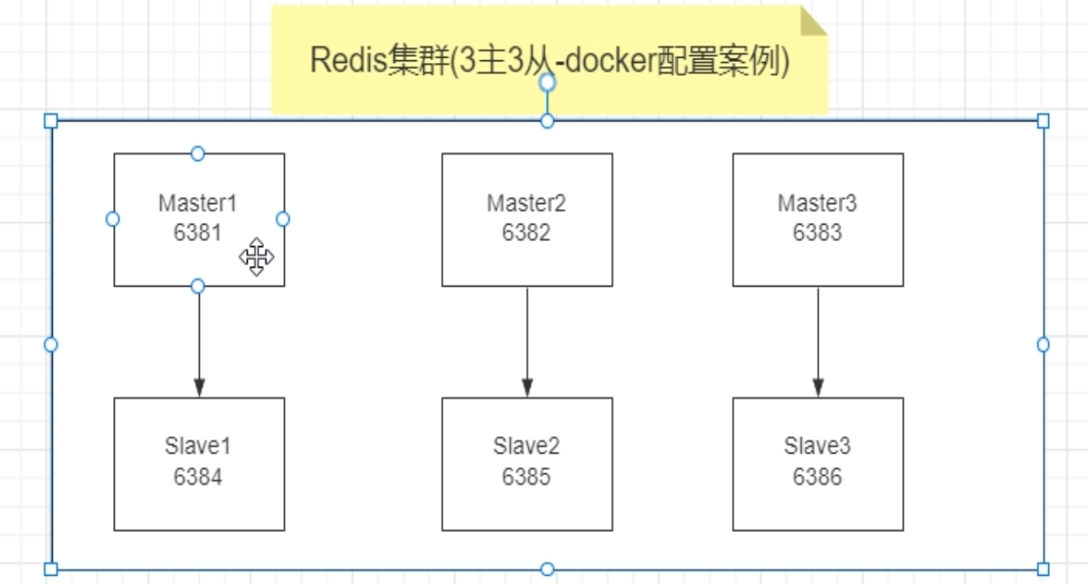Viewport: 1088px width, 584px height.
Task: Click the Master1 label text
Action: pos(198,203)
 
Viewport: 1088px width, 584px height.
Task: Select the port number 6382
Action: pos(527,233)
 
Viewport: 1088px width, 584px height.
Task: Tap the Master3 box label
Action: pos(817,203)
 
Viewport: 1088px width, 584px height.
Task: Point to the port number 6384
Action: pos(198,477)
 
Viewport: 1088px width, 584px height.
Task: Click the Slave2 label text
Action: pos(527,447)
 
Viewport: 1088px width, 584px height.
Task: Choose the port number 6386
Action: pos(817,477)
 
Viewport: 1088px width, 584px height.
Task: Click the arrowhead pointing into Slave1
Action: pos(199,387)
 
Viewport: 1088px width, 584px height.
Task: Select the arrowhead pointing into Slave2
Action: pos(527,387)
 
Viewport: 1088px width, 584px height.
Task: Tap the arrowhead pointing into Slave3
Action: pos(818,387)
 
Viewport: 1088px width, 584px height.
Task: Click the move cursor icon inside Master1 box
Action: pos(257,257)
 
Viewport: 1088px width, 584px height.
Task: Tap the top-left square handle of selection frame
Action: pos(50,121)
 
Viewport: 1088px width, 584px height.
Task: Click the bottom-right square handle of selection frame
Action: pos(1043,568)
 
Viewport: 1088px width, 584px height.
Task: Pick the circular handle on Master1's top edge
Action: pos(197,154)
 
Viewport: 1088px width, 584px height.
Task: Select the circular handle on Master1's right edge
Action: pos(283,219)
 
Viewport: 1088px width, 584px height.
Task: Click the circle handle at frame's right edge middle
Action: pos(1043,344)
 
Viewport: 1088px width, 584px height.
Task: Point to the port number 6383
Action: pos(817,233)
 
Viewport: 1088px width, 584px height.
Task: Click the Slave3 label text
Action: pos(817,447)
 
